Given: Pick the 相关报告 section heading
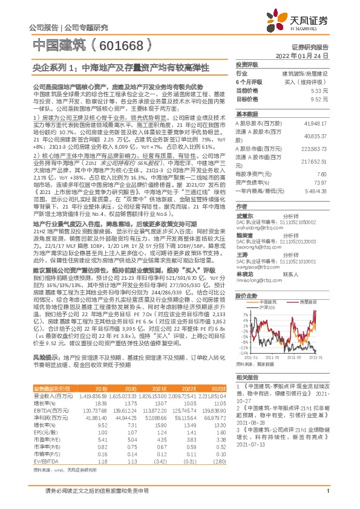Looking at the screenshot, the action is (x=247, y=376).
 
